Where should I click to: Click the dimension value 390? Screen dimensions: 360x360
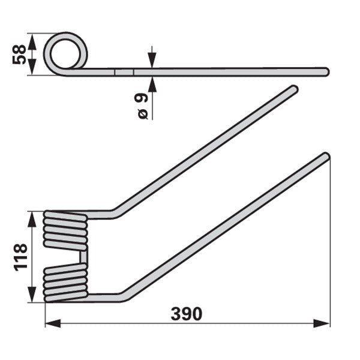point(187,314)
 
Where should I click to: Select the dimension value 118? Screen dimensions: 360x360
point(20,257)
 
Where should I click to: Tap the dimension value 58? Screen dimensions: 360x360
point(19,55)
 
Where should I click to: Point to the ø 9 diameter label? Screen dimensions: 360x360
point(142,106)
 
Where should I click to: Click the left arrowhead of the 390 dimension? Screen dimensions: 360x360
point(53,323)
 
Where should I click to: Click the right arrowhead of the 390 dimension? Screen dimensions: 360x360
point(322,323)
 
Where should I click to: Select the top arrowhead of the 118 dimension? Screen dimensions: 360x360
point(32,219)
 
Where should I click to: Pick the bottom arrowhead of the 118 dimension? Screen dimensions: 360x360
point(32,295)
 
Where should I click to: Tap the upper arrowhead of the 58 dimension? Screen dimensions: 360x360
point(32,42)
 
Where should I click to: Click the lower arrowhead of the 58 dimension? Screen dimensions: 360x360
point(32,67)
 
